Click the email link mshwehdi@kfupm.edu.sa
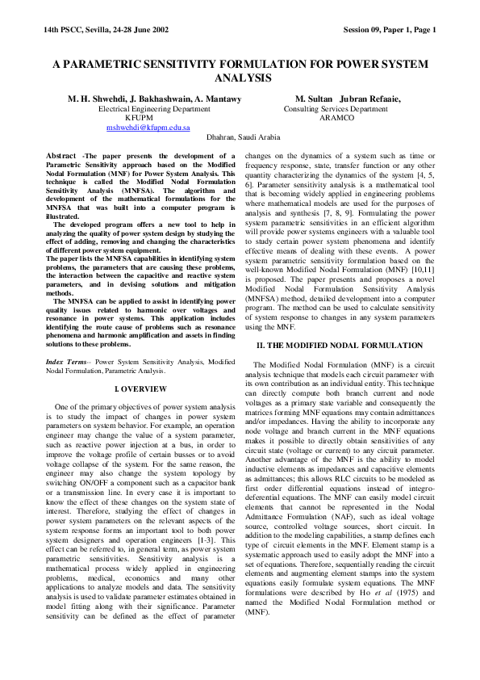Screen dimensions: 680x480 [x=148, y=128]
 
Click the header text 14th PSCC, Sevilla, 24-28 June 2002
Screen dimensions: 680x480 [x=106, y=30]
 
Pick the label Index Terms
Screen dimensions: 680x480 [x=67, y=363]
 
